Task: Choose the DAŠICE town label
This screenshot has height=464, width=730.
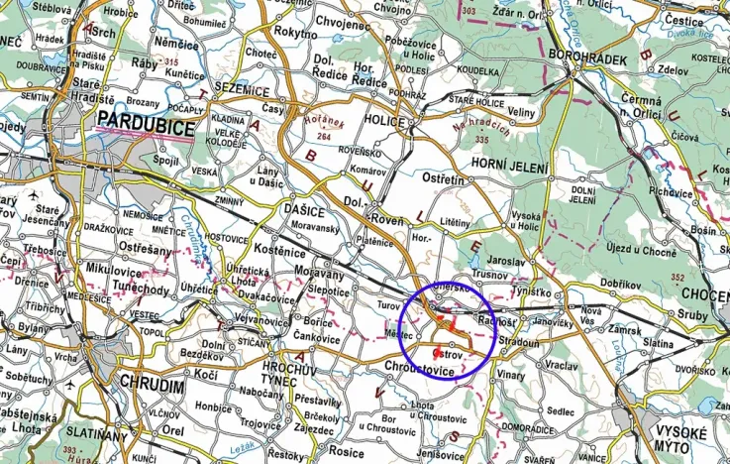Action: click(x=301, y=212)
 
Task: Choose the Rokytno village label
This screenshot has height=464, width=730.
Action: click(x=295, y=32)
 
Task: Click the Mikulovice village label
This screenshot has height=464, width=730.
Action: click(x=87, y=269)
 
